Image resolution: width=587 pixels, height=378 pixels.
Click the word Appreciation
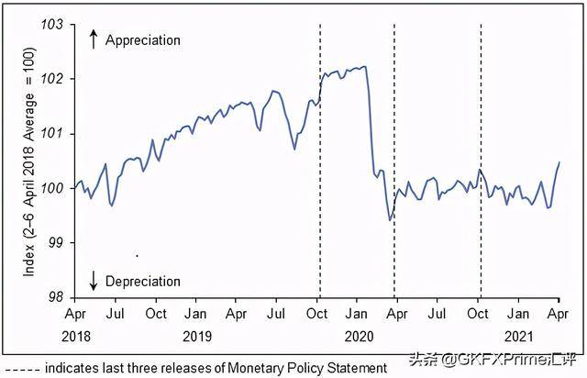[143, 40]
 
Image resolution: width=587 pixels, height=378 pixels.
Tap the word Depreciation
[143, 281]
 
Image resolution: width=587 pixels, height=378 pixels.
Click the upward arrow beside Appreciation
[93, 39]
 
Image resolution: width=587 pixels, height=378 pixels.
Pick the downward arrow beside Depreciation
[93, 280]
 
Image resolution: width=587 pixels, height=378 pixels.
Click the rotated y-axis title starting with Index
[30, 161]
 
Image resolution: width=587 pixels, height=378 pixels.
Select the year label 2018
[78, 336]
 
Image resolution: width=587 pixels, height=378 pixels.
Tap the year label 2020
[358, 336]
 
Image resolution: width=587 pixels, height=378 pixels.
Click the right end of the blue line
[559, 162]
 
